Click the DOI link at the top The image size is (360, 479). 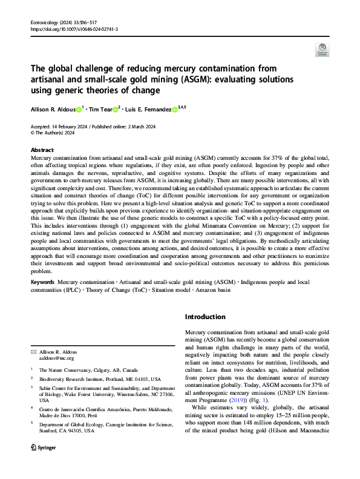tap(74, 28)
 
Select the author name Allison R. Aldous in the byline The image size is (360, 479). tap(53, 110)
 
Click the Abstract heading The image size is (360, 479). tap(42, 149)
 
